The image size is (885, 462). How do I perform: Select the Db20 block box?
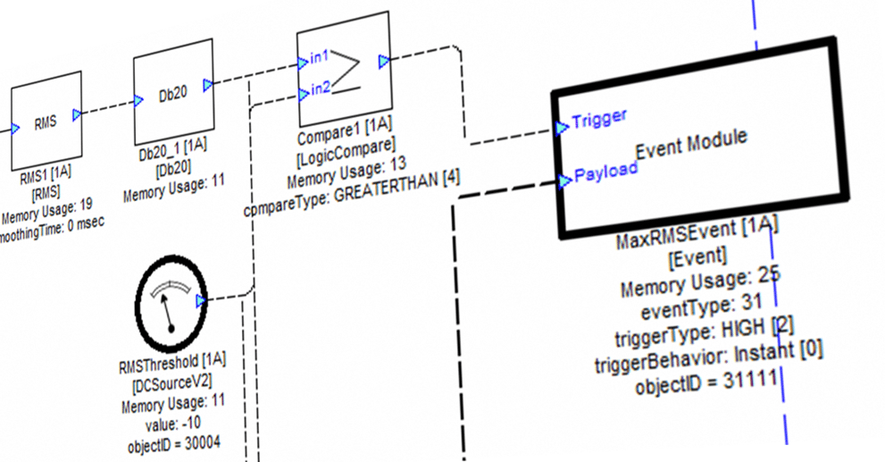tap(173, 92)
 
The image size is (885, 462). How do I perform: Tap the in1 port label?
tap(319, 58)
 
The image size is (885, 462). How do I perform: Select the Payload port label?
tap(605, 172)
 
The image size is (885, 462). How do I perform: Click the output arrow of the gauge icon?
tap(202, 301)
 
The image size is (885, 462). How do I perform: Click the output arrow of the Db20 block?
tap(208, 85)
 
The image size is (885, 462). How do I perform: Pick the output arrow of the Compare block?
tap(384, 61)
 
